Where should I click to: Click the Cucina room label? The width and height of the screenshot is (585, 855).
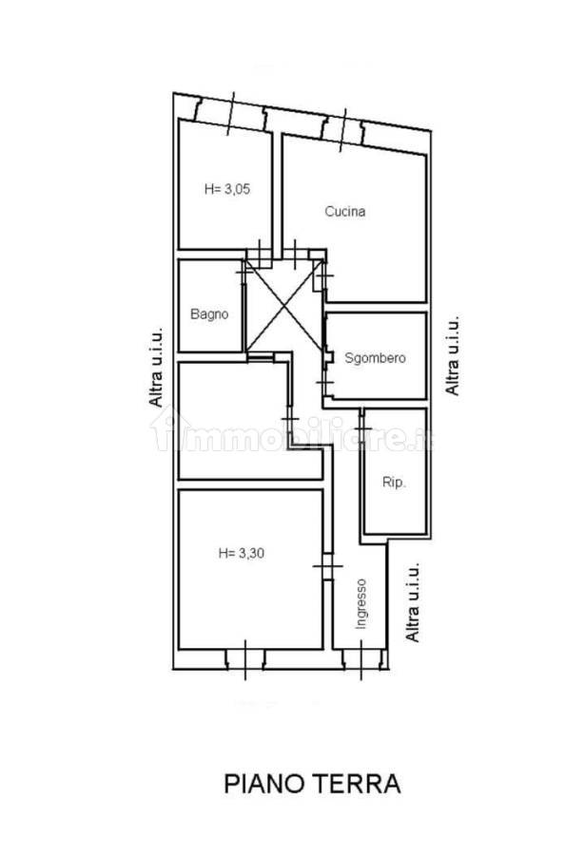point(344,211)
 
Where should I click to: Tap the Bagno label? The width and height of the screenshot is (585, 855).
point(209,314)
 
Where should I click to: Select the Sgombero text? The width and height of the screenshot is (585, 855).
point(375,358)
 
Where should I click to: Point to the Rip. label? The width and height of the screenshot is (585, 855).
point(393,482)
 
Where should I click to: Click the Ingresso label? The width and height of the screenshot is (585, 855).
point(361,603)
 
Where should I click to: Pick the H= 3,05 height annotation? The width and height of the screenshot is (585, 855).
point(227,189)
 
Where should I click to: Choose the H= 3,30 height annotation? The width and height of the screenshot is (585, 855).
point(242,553)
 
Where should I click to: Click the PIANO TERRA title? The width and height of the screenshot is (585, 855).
point(312,784)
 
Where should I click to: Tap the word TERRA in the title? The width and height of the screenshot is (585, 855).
point(358,784)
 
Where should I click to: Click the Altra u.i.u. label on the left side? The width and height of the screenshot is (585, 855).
point(156,367)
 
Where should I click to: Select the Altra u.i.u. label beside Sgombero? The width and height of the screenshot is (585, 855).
point(452,354)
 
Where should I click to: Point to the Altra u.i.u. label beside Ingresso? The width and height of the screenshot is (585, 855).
point(413,602)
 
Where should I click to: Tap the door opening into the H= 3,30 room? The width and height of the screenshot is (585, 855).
point(327,566)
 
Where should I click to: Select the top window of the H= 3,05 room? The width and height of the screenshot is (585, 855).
point(230,113)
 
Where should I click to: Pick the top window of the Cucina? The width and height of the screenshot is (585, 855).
point(342,130)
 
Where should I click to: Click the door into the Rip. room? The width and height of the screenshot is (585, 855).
point(361,429)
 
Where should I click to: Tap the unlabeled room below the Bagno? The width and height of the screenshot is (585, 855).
point(241,421)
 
